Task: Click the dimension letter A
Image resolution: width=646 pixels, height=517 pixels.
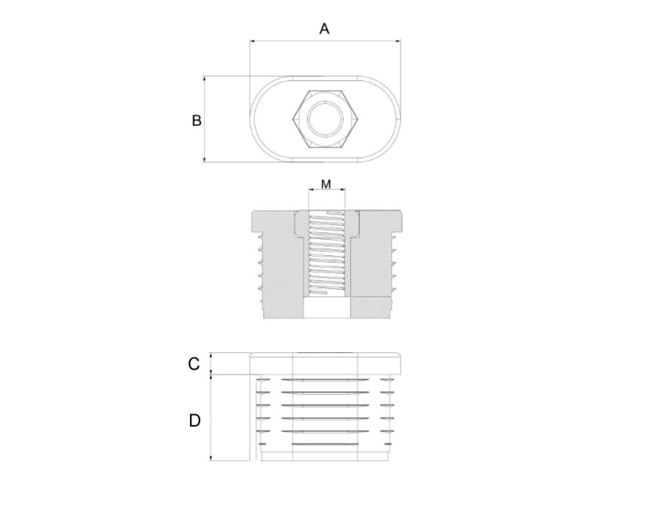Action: tap(324, 29)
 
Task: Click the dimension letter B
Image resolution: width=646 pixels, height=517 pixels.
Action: tap(196, 120)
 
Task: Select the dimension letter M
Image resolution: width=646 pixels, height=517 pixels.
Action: tap(326, 184)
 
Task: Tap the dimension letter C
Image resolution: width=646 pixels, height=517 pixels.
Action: tap(194, 364)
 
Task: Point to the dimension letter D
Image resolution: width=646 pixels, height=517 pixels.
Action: tap(194, 421)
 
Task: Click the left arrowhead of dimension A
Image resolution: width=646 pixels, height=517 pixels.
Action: tap(253, 41)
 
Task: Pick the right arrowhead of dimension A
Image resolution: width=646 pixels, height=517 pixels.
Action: tap(398, 41)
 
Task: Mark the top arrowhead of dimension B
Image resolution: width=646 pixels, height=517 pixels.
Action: tap(204, 79)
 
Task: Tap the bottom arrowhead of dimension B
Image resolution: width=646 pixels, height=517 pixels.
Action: tap(204, 159)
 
